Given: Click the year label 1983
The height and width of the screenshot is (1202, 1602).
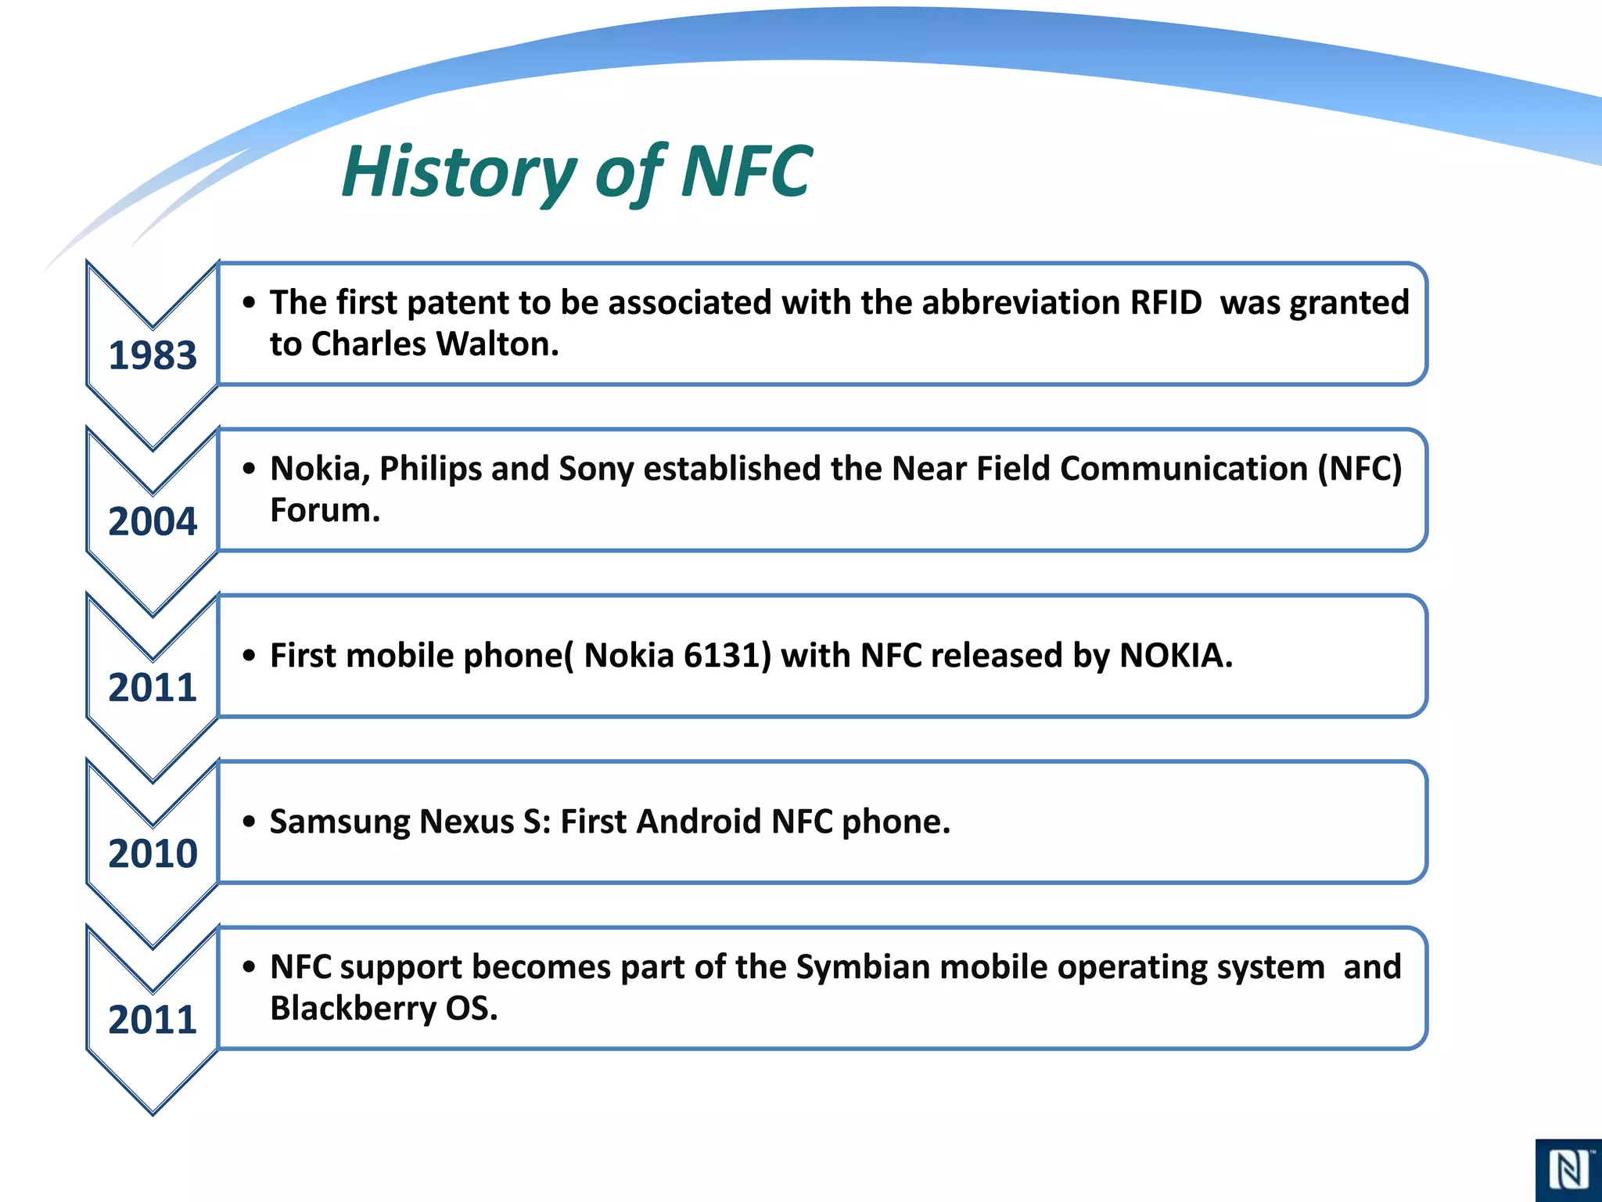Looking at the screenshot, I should pyautogui.click(x=153, y=355).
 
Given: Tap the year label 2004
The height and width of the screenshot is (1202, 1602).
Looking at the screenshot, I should pyautogui.click(x=153, y=521).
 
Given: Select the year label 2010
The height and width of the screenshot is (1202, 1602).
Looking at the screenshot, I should pyautogui.click(x=153, y=853).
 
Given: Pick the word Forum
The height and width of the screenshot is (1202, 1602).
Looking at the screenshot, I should pyautogui.click(x=325, y=510).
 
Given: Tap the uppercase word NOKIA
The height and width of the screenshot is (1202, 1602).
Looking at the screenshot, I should pyautogui.click(x=1176, y=656).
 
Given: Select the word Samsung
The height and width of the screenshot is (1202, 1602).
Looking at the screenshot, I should pyautogui.click(x=339, y=822).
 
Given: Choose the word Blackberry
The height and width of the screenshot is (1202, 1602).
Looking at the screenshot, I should pyautogui.click(x=353, y=1008).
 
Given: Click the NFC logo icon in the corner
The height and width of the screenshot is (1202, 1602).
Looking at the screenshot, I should pyautogui.click(x=1568, y=1171).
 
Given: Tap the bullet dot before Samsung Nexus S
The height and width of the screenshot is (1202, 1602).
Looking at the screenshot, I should pyautogui.click(x=249, y=822).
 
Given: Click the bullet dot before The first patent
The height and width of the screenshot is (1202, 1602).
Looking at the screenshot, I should pyautogui.click(x=249, y=303).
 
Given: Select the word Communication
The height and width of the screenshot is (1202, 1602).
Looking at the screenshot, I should pyautogui.click(x=1184, y=469).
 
